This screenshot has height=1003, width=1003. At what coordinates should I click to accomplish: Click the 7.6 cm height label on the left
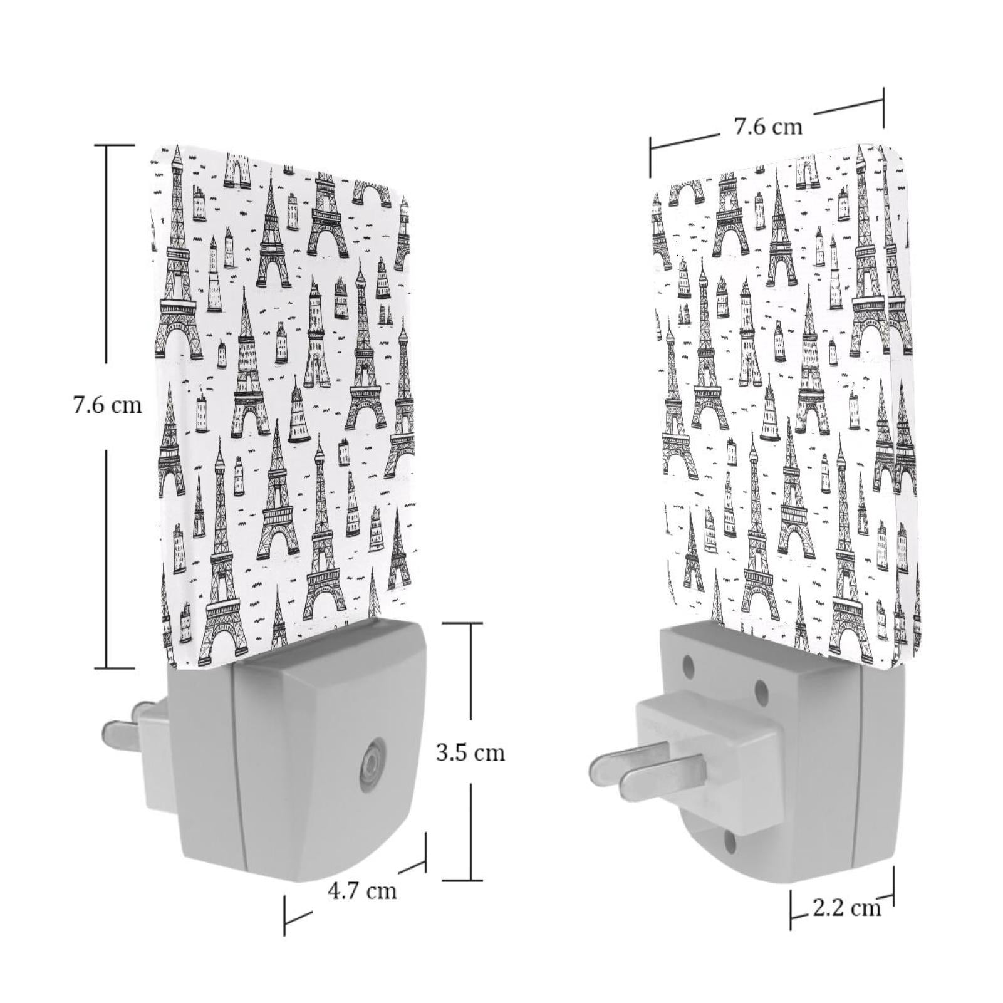(107, 405)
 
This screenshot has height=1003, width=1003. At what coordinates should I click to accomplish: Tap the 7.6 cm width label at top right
(768, 127)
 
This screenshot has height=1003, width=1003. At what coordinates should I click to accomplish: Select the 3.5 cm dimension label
(470, 752)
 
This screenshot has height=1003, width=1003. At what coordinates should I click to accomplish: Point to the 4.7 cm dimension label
(362, 890)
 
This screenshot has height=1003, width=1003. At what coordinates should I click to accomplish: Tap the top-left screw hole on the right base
(689, 663)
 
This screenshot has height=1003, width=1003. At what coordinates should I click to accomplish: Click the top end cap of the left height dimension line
(119, 145)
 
